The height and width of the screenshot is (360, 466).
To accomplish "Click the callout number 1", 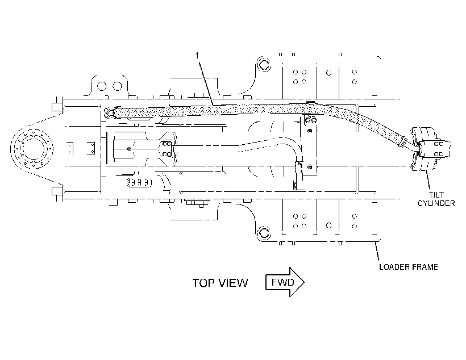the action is click(x=197, y=55).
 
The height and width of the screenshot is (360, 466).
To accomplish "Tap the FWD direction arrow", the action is click(x=285, y=282).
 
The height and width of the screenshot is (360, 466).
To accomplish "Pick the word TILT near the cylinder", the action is click(x=436, y=195).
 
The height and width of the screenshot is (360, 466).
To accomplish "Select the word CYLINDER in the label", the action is click(x=436, y=203).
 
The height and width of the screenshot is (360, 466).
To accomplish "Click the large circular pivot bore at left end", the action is click(x=32, y=149).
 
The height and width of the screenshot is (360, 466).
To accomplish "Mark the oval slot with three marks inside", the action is click(x=139, y=182).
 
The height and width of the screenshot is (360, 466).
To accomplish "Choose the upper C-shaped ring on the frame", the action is click(x=264, y=64).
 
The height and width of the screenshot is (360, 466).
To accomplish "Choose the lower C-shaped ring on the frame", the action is click(x=264, y=232).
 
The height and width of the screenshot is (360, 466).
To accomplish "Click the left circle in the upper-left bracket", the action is click(x=102, y=86).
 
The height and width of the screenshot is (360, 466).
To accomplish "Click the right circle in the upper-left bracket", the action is click(x=118, y=86).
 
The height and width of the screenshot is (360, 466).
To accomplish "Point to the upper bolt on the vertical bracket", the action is click(x=310, y=131).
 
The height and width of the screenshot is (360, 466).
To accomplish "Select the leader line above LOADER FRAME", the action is click(x=377, y=252).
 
